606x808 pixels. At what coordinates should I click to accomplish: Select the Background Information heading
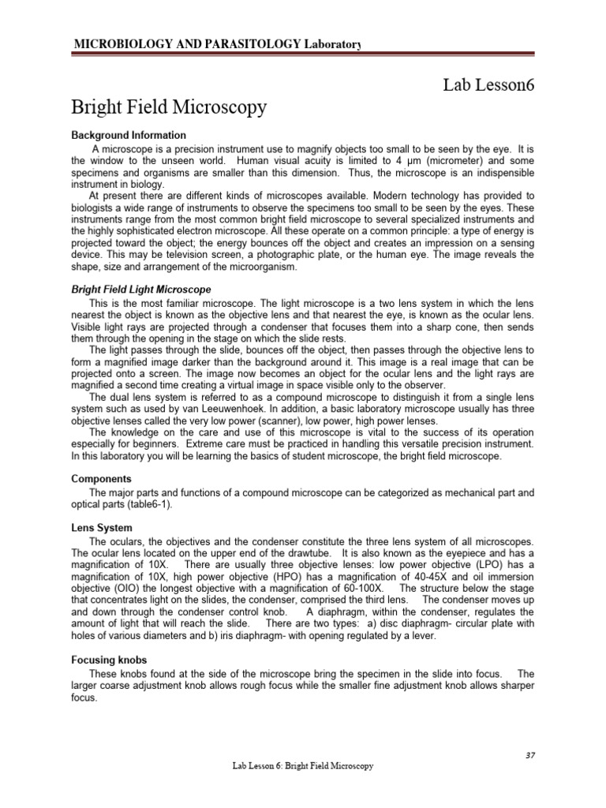pyautogui.click(x=129, y=135)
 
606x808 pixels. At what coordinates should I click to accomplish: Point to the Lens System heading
pyautogui.click(x=102, y=527)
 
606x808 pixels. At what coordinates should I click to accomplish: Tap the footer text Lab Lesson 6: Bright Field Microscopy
pyautogui.click(x=302, y=765)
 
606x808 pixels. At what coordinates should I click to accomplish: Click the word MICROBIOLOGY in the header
pyautogui.click(x=115, y=45)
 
